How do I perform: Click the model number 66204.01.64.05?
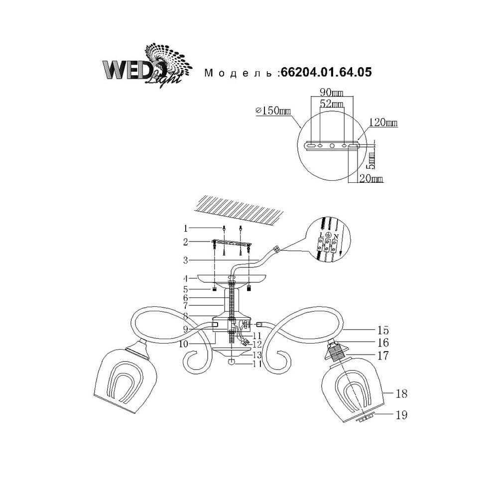326,73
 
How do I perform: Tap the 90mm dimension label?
331,93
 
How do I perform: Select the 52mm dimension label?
331,105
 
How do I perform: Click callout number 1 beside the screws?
186,229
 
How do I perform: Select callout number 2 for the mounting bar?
186,242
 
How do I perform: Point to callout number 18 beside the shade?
401,393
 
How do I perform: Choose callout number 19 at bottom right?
401,413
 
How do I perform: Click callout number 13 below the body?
257,355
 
